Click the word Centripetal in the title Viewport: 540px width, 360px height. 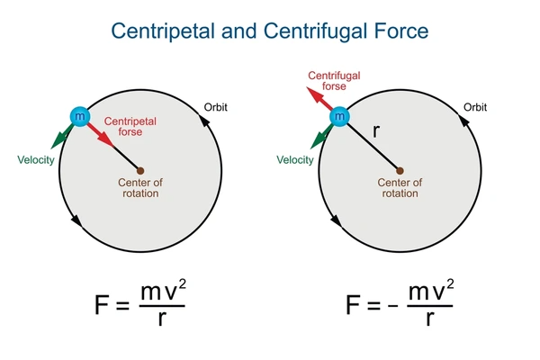tap(163, 31)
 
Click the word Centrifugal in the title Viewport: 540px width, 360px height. tap(316, 31)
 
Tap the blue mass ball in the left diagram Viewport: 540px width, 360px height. tap(80, 116)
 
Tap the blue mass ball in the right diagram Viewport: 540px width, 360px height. tap(339, 116)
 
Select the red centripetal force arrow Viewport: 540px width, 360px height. tap(101, 135)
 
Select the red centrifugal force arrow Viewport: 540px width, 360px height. tap(319, 98)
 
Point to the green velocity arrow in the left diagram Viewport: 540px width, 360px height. tap(62, 136)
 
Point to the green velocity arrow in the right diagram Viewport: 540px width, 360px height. tap(321, 136)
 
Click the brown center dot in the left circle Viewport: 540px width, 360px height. tap(140, 170)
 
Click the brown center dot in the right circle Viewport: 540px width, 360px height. tap(400, 170)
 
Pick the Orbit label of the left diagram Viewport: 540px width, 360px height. tap(216, 107)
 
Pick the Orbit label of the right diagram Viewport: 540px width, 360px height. tap(475, 107)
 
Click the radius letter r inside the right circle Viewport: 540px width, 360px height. tap(376, 131)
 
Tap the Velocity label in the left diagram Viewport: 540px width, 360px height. tap(36, 160)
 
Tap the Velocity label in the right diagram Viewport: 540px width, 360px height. tap(295, 160)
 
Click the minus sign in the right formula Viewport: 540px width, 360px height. tap(393, 305)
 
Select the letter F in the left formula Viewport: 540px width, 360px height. tap(102, 304)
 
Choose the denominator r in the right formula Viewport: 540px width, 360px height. tap(429, 319)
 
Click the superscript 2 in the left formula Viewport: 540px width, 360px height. tap(182, 284)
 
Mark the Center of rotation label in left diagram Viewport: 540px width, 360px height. tap(140, 188)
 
